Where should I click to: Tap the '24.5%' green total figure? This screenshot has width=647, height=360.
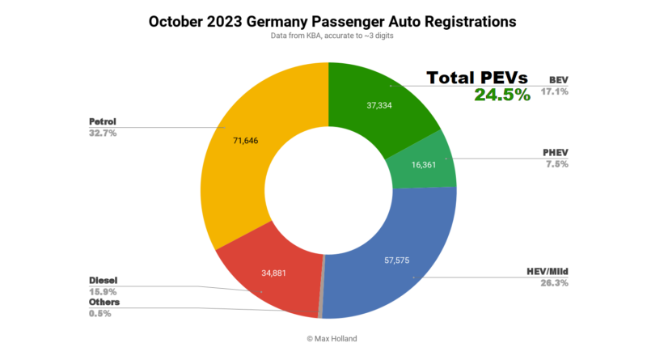[x=503, y=95]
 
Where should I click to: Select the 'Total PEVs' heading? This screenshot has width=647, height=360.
[x=477, y=78]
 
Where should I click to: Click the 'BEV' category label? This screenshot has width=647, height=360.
[x=558, y=80]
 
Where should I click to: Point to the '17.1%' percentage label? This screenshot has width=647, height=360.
[x=557, y=91]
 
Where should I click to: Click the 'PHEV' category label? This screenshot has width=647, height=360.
[x=555, y=152]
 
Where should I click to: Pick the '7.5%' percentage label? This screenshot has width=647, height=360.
[x=557, y=164]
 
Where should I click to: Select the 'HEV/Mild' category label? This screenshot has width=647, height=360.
[x=547, y=272]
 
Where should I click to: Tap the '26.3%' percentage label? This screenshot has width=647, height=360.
[x=554, y=283]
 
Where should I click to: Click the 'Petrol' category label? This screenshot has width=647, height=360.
[x=104, y=121]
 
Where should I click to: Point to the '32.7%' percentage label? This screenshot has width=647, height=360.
[x=103, y=133]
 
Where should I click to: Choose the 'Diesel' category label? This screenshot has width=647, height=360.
[x=104, y=280]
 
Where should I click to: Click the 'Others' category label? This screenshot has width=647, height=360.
[x=104, y=302]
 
